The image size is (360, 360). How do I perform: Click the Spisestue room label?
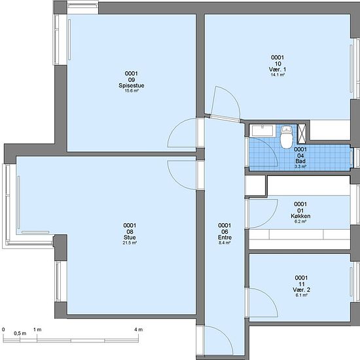[x=132, y=86]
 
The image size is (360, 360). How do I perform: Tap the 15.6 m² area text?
[x=132, y=91]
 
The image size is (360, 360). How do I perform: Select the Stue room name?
[x=130, y=238]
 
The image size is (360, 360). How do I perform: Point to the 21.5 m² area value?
[x=130, y=243]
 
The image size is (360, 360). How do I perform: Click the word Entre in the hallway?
[x=225, y=238]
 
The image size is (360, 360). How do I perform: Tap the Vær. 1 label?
[x=278, y=69]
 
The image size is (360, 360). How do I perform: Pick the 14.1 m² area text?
[x=278, y=75]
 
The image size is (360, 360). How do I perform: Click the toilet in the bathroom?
[x=287, y=137]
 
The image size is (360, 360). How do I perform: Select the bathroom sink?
[x=262, y=131]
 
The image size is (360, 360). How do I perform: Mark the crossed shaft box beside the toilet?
[x=302, y=134]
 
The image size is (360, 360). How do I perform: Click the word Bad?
[x=300, y=161]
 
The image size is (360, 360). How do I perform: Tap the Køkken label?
[x=300, y=216]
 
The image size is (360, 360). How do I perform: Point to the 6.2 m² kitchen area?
[x=300, y=221]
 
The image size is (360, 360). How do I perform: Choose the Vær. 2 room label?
[x=301, y=290]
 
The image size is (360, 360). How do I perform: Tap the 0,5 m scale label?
[x=20, y=333]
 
